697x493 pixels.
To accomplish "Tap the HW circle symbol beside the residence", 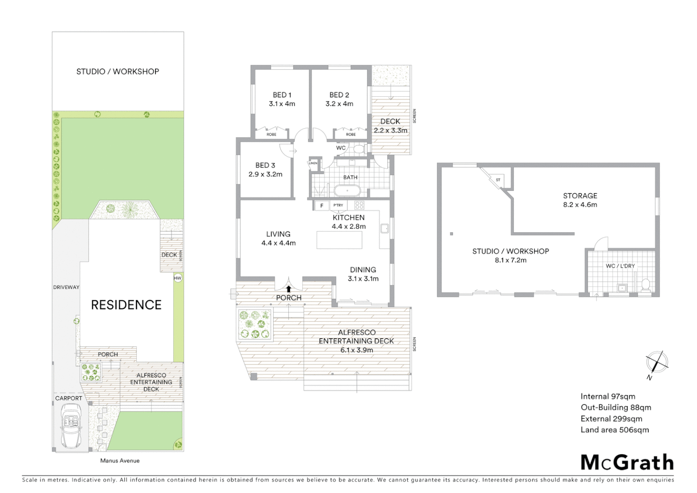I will [x=177, y=278].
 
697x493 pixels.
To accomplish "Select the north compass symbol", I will [x=657, y=363].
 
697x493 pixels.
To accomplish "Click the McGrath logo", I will [x=627, y=462].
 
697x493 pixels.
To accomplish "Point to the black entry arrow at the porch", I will [x=289, y=289].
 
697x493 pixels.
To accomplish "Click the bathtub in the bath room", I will [x=347, y=190].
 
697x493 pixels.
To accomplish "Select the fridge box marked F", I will [x=322, y=206].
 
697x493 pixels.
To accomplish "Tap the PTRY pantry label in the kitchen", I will [x=338, y=205].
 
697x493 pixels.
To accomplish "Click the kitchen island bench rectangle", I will [x=339, y=240].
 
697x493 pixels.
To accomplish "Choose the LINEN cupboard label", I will [x=313, y=163].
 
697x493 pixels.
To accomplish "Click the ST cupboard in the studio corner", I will [x=498, y=180].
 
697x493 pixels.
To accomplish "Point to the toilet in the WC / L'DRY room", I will [x=645, y=285].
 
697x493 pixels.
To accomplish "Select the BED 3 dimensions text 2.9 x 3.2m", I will [x=265, y=174].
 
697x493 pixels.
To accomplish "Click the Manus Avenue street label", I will [x=120, y=461].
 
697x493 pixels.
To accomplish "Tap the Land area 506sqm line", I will [x=614, y=430].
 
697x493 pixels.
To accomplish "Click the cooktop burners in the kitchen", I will [x=359, y=205].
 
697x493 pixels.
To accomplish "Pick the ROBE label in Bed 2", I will [x=351, y=134].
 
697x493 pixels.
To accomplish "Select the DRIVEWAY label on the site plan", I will [x=66, y=287].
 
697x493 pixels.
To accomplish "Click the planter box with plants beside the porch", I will [x=255, y=324].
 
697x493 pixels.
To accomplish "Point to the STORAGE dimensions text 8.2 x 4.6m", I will [x=580, y=205].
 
